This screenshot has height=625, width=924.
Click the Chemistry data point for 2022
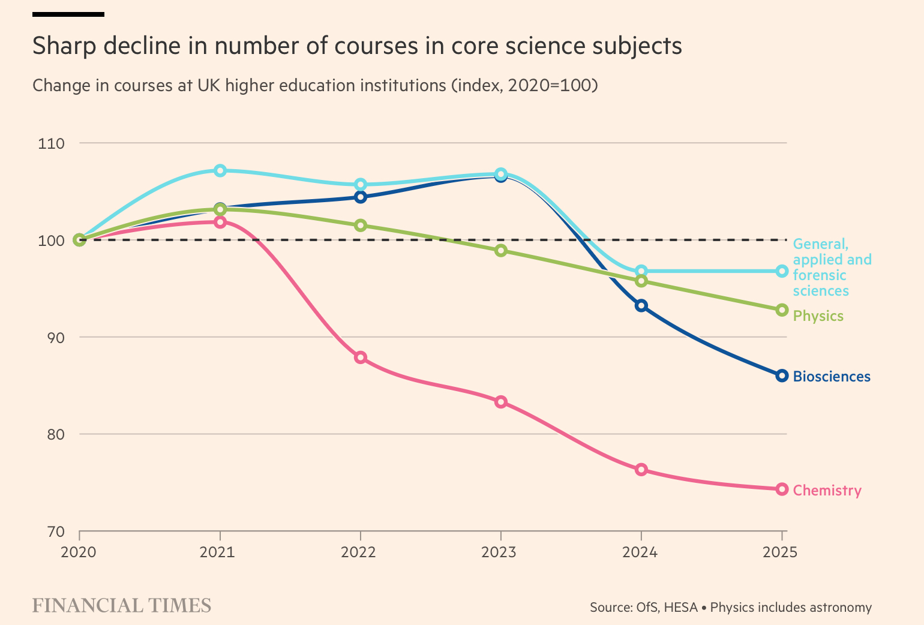361,357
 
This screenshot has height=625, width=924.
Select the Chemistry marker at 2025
782,489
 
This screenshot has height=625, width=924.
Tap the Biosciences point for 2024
641,305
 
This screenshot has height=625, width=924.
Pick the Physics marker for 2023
501,250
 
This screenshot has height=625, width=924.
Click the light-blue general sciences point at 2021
220,170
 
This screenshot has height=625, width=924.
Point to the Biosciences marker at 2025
782,375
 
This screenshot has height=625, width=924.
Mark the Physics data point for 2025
782,310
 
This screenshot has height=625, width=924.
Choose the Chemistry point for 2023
501,401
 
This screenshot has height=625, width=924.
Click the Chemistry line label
827,491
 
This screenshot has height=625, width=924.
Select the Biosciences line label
832,377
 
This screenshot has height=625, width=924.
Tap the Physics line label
818,316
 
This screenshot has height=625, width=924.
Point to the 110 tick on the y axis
51,143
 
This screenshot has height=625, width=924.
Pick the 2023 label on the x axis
499,552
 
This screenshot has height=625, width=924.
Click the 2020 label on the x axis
79,552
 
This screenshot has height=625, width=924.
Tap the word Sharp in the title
64,46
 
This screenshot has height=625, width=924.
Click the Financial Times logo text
122,605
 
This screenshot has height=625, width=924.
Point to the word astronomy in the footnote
840,608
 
